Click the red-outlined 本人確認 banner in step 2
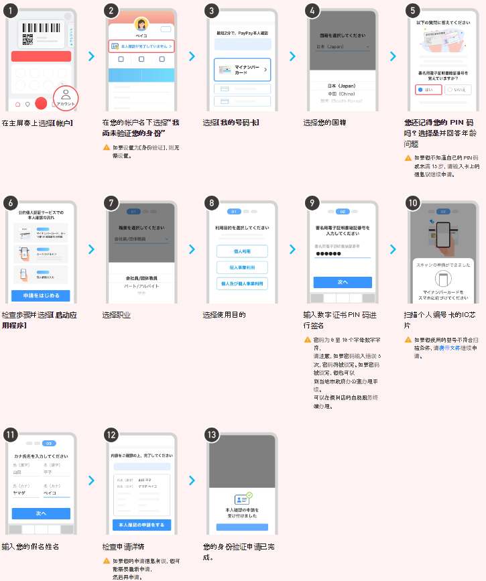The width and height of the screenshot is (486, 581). coord(141,46)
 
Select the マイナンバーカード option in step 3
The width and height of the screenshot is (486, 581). coord(242,70)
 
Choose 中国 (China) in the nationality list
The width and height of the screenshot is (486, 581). coord(342,94)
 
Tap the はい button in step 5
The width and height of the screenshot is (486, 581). coord(426,89)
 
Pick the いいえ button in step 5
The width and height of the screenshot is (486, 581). coord(458,89)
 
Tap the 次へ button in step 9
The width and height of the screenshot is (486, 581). coord(343,282)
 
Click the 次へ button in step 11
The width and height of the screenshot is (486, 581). coord(41,513)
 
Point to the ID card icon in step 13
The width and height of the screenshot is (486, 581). coord(241,499)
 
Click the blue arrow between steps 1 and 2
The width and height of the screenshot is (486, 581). coord(92,56)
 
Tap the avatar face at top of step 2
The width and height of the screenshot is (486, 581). coord(142,24)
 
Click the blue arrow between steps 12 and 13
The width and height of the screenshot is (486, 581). coord(192,480)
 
